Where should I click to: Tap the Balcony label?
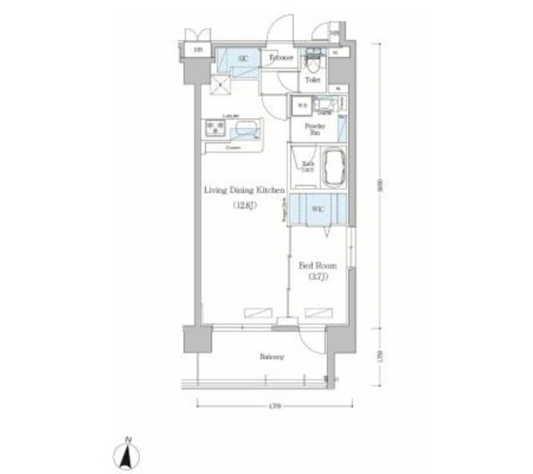pyautogui.click(x=272, y=357)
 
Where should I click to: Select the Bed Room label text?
pyautogui.click(x=318, y=266)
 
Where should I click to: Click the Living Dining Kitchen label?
pyautogui.click(x=244, y=190)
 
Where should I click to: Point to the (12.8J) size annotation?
pyautogui.click(x=244, y=206)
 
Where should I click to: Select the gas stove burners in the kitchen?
pyautogui.click(x=215, y=129)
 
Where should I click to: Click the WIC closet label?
pyautogui.click(x=317, y=209)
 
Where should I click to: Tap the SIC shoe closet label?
pyautogui.click(x=243, y=58)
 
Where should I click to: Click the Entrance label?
pyautogui.click(x=281, y=58)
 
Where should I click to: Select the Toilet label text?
pyautogui.click(x=313, y=80)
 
